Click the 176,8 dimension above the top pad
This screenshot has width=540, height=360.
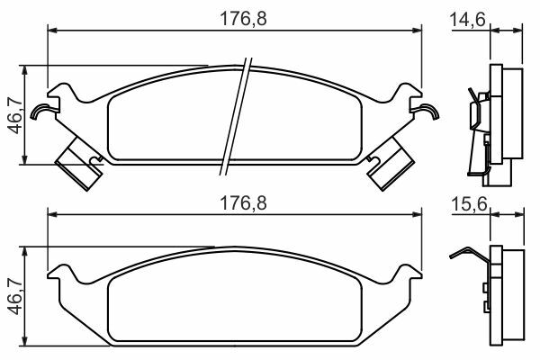pyautogui.click(x=243, y=19)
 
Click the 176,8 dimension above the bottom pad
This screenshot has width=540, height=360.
pyautogui.click(x=243, y=203)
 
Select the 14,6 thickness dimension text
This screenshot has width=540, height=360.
pyautogui.click(x=468, y=19)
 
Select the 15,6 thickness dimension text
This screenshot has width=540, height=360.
pyautogui.click(x=469, y=204)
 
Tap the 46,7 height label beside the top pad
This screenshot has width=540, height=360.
pyautogui.click(x=15, y=115)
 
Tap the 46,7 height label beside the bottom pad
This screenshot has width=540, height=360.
pyautogui.click(x=15, y=297)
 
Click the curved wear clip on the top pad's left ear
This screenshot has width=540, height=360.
pyautogui.click(x=41, y=111)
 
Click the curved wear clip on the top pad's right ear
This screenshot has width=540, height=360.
pyautogui.click(x=427, y=111)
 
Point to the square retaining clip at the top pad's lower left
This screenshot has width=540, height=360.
pyautogui.click(x=80, y=163)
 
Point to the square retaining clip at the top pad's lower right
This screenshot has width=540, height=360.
pyautogui.click(x=390, y=163)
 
